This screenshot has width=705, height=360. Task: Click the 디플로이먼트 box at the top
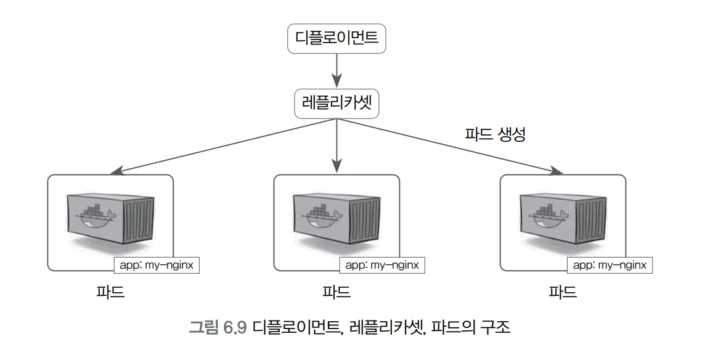tap(336, 39)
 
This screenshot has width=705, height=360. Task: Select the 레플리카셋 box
tap(336, 104)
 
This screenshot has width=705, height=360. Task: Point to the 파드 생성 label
tap(494, 135)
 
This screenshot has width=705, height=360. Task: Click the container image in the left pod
tap(110, 218)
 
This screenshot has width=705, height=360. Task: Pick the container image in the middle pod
tap(336, 218)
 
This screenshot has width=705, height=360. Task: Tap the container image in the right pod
tap(563, 218)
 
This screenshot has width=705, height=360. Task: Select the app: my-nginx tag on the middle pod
tap(382, 265)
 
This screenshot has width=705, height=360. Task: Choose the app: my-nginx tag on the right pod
tap(609, 265)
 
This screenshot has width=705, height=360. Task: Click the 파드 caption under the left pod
tap(110, 292)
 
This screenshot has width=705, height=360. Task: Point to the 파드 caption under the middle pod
tap(336, 292)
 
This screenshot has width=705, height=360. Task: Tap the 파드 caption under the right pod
tap(563, 292)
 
